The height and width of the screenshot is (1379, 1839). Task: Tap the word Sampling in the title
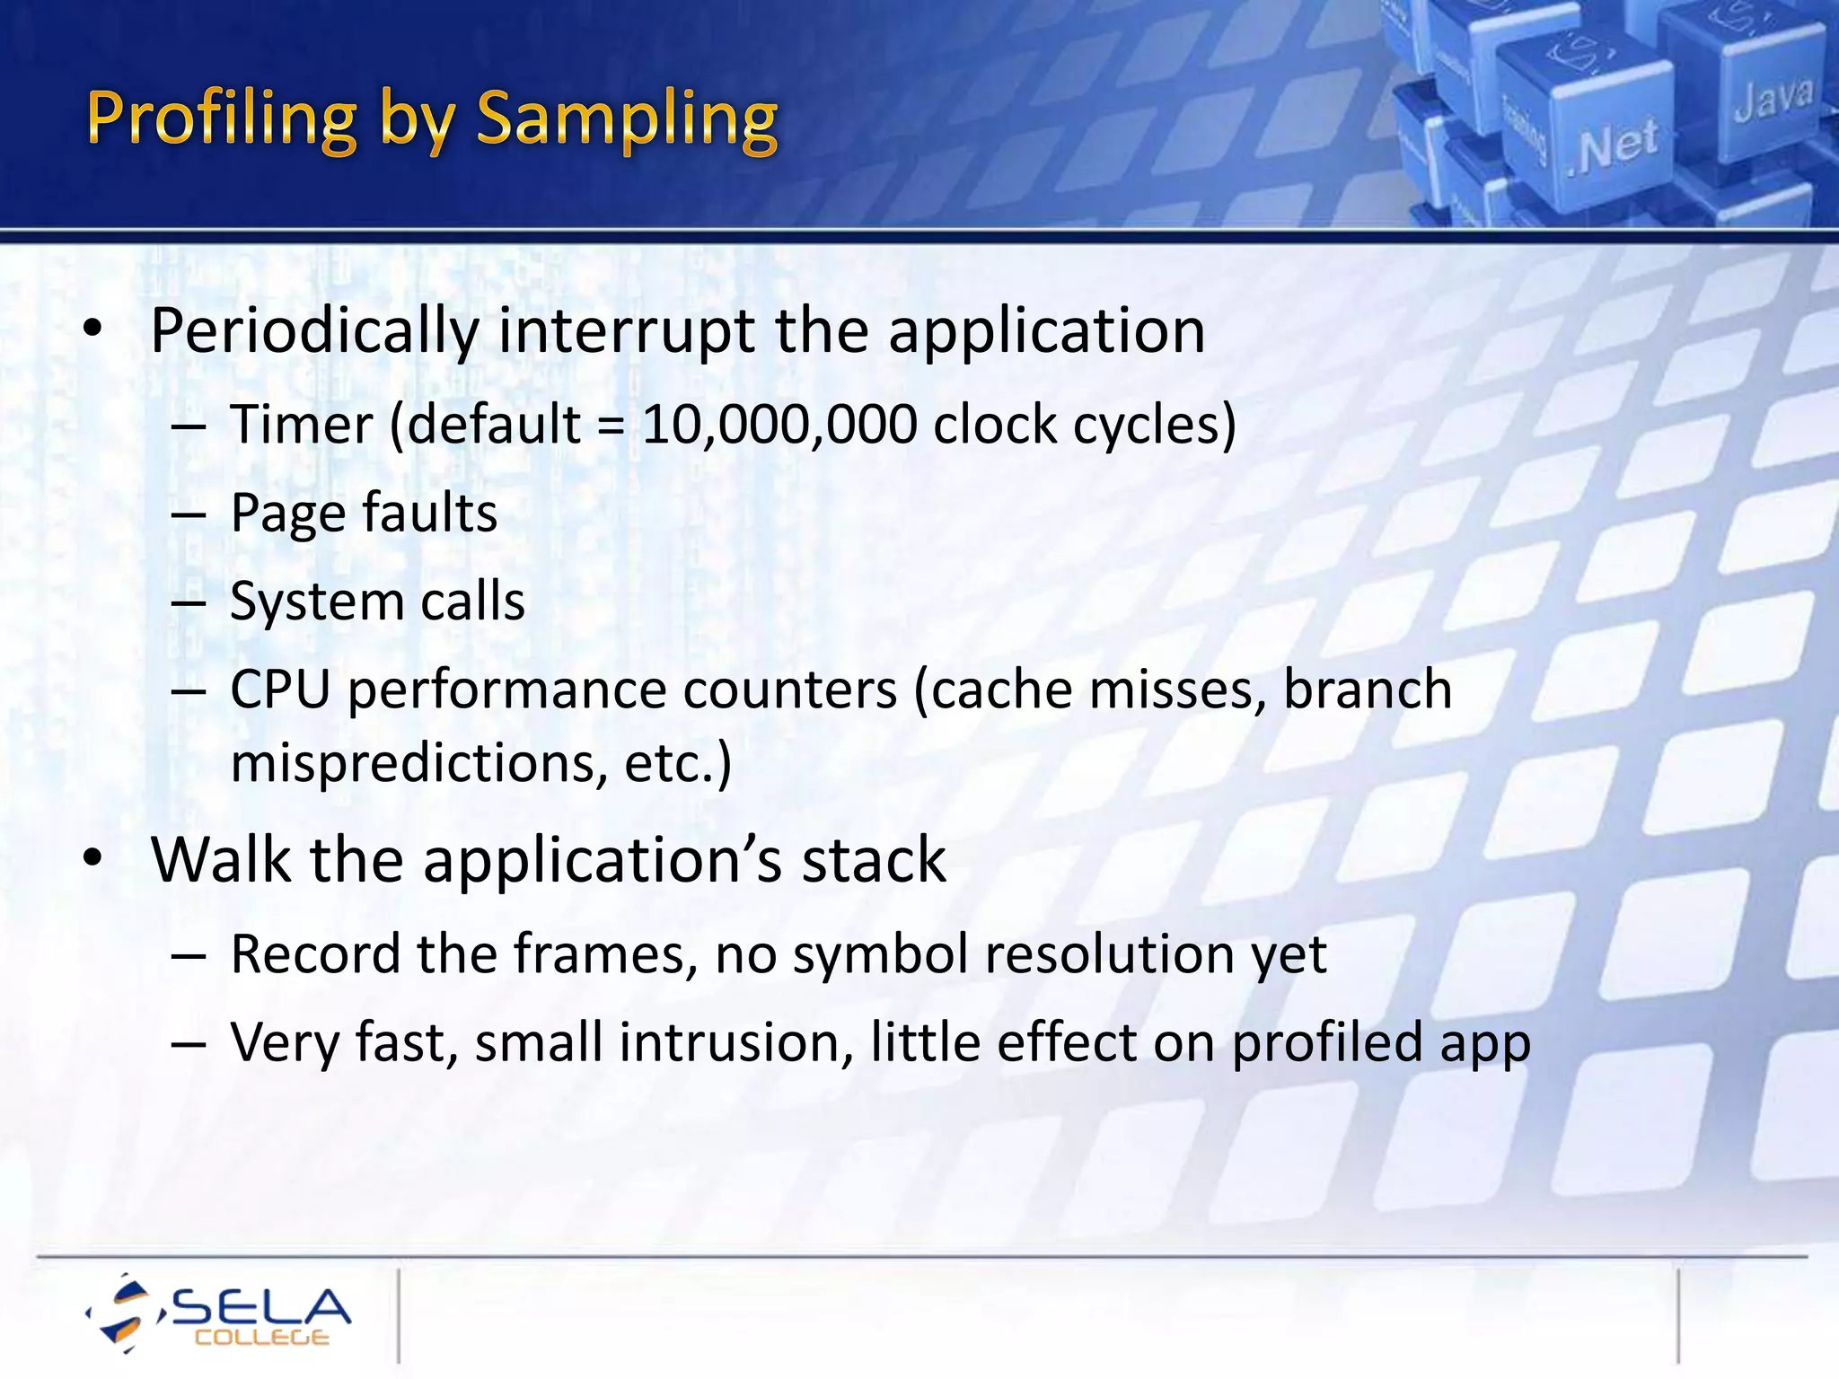(626, 119)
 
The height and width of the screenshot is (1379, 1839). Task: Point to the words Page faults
(364, 514)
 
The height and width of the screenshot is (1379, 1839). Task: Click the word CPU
(280, 689)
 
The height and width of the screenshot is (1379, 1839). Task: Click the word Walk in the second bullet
(220, 860)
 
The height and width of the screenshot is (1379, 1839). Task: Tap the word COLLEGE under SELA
(261, 1339)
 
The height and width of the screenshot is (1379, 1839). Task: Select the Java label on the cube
(1773, 99)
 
